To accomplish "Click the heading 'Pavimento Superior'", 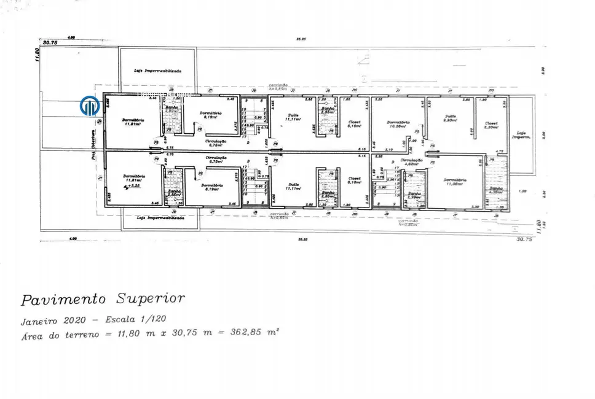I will tap(103, 300).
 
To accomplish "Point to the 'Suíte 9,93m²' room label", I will tap(451, 118).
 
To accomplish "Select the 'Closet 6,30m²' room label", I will tap(491, 125).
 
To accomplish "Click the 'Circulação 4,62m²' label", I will tap(411, 163).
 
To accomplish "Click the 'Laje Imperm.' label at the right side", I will tap(522, 134).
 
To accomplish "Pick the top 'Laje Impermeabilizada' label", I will tap(157, 71).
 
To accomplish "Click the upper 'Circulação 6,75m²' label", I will tap(216, 142).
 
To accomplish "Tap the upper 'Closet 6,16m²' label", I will tap(355, 124).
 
